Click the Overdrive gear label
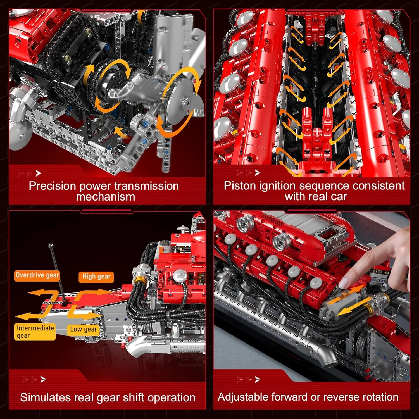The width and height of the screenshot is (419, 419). [37, 275]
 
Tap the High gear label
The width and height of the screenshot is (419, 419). [96, 277]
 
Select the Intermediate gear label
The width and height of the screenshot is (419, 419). [35, 332]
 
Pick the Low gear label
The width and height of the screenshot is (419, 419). [83, 329]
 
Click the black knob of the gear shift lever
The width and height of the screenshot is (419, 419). [51, 246]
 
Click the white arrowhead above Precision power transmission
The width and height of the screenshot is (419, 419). [39, 173]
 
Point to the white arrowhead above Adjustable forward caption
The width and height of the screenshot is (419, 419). [258, 379]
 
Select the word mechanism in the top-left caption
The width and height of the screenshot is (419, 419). [105, 197]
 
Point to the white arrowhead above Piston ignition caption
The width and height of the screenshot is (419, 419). [258, 173]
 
